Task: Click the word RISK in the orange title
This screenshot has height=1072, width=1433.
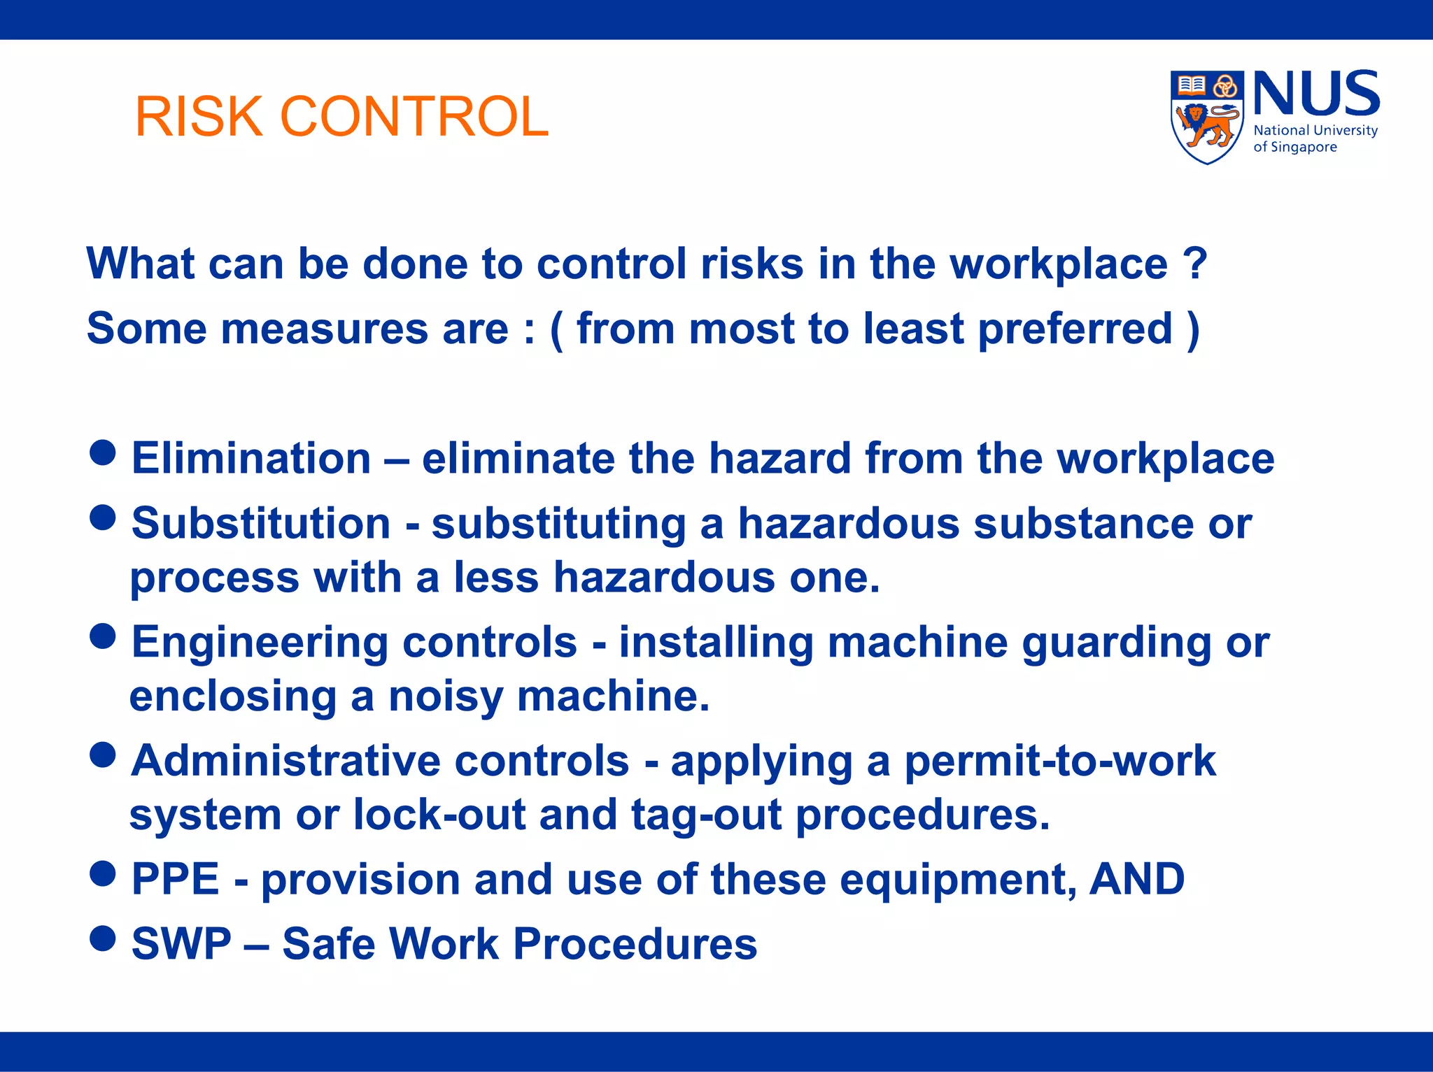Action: click(x=199, y=116)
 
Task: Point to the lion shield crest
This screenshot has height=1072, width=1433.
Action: click(x=1206, y=117)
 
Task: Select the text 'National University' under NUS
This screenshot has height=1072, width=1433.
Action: click(x=1315, y=131)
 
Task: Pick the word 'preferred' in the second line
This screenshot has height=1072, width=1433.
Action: click(x=1074, y=329)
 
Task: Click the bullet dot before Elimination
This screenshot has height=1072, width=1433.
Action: click(x=103, y=452)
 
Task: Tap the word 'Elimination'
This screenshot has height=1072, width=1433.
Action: click(x=251, y=459)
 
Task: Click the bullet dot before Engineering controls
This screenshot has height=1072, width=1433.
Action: click(x=103, y=636)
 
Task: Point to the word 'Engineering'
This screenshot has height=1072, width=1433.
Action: click(x=260, y=643)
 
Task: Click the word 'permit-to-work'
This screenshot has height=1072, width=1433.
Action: click(x=1060, y=761)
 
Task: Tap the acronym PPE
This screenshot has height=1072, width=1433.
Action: click(x=176, y=879)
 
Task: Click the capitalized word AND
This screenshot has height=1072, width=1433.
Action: click(x=1137, y=879)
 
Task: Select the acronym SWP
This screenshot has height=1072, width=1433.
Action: click(x=181, y=943)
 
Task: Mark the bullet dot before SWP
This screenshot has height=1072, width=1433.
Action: click(x=103, y=938)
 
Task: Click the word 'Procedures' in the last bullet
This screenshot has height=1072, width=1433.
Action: click(x=635, y=943)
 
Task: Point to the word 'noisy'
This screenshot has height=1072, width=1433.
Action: click(x=445, y=697)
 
